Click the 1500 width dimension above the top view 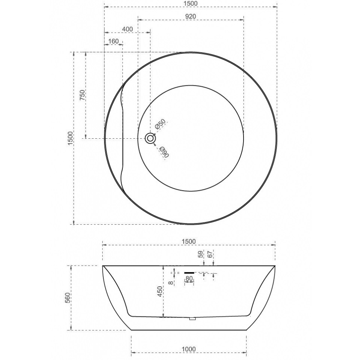[x=191, y=3]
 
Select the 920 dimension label [x=191, y=16]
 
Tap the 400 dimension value [x=127, y=29]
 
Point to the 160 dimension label [x=113, y=41]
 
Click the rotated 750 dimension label [x=82, y=95]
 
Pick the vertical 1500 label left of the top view [x=70, y=138]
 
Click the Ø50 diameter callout [x=160, y=124]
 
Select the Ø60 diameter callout [x=165, y=152]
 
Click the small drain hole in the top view [x=150, y=138]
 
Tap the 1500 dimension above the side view [x=189, y=241]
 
